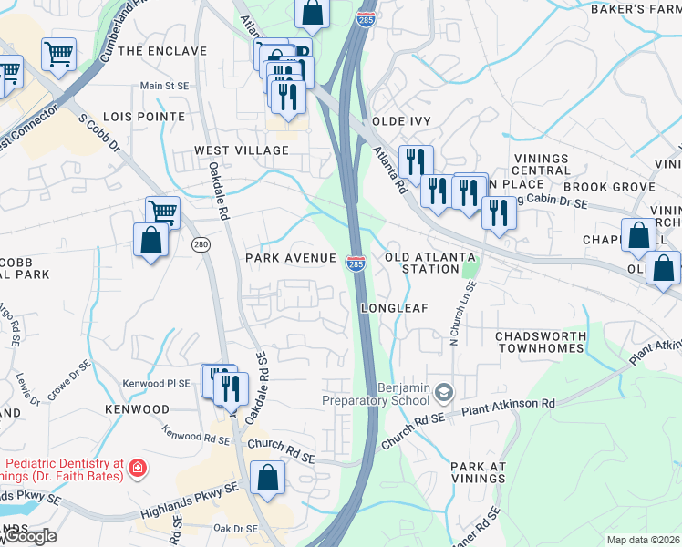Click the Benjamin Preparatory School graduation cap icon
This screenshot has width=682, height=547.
pos(443,392)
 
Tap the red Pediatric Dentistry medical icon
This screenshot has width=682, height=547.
pos(137,469)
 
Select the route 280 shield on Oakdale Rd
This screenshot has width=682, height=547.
pos(201,244)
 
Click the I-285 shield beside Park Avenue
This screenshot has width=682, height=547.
pos(356,263)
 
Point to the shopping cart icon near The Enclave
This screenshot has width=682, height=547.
pos(58,55)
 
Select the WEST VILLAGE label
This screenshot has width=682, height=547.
pos(241,150)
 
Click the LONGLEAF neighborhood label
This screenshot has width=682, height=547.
pos(394,308)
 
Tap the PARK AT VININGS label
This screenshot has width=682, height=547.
pos(478,472)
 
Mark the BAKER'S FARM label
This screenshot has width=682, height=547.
pos(637,10)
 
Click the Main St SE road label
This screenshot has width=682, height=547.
pos(163,87)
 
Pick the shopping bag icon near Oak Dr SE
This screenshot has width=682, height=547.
pos(268,479)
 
